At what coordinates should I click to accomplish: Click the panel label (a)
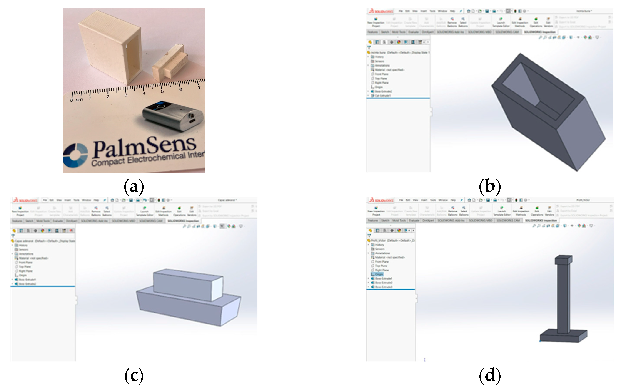pyautogui.click(x=134, y=186)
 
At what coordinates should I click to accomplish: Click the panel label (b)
pyautogui.click(x=490, y=186)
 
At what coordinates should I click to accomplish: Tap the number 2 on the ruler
pyautogui.click(x=108, y=97)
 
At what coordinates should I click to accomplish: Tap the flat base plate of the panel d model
pyautogui.click(x=564, y=337)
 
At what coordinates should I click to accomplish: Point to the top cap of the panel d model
pyautogui.click(x=564, y=260)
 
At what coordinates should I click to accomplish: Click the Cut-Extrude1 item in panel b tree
pyautogui.click(x=382, y=96)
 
